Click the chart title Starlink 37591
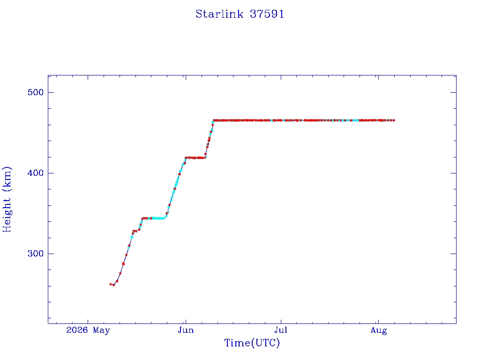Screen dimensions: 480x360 click(x=240, y=14)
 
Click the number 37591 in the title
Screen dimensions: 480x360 click(x=267, y=14)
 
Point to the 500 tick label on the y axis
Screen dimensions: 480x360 click(x=36, y=92)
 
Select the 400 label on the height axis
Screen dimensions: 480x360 click(x=36, y=173)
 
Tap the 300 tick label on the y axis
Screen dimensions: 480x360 click(x=36, y=254)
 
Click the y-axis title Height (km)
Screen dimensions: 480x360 click(x=7, y=199)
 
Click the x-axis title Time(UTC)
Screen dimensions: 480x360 click(x=252, y=343)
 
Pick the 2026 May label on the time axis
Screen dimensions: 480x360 click(x=88, y=330)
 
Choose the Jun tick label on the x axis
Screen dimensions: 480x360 click(x=186, y=330)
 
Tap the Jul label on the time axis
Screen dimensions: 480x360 click(x=281, y=330)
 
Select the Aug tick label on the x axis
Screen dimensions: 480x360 click(x=379, y=330)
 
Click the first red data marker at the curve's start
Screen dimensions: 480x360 click(x=111, y=284)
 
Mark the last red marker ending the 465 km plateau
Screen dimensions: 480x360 click(x=394, y=120)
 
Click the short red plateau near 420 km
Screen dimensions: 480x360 click(x=195, y=157)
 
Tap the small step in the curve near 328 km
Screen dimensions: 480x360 click(x=136, y=231)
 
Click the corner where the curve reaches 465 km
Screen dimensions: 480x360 click(x=213, y=120)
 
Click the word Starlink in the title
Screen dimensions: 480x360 click(x=219, y=14)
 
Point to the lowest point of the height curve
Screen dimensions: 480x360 click(x=113, y=285)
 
